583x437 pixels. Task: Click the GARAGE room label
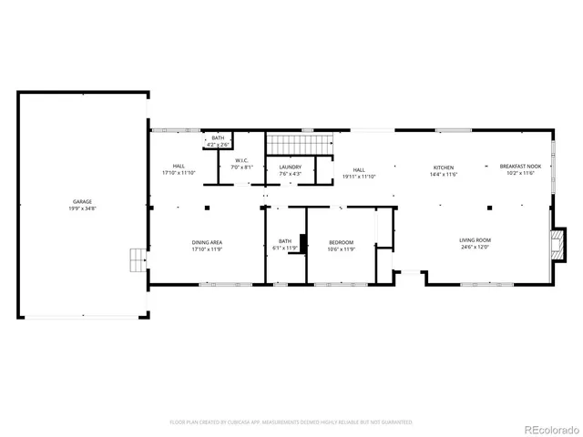point(83,201)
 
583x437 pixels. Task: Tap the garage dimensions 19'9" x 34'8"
point(83,208)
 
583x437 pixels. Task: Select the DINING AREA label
point(208,241)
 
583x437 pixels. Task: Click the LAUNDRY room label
point(291,167)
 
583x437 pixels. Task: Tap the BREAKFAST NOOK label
point(520,167)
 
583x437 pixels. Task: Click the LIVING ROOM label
point(475,240)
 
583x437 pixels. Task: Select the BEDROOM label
point(342,241)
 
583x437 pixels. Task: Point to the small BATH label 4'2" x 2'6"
point(218,137)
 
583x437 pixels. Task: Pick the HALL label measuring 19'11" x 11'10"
point(359,169)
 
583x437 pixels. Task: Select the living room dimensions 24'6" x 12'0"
point(475,248)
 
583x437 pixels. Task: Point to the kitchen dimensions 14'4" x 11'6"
point(444,174)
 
